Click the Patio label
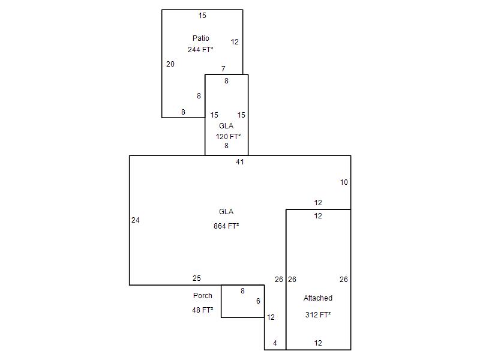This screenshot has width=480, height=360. tap(201, 38)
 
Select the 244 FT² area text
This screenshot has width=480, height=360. tap(200, 50)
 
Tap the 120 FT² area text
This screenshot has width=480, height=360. tap(228, 137)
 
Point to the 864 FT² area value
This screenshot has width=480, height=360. tap(226, 226)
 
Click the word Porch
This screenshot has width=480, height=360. tap(203, 296)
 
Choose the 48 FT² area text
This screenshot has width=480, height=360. tap(203, 310)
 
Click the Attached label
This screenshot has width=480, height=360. tap(318, 298)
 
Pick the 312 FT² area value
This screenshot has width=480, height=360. tap(318, 314)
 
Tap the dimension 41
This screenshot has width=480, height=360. tap(240, 161)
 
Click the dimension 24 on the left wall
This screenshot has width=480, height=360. tap(136, 220)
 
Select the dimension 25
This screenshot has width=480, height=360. tap(197, 278)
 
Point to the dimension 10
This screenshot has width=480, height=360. tap(344, 182)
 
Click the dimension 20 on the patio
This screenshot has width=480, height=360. tap(170, 64)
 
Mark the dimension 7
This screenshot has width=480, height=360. tap(223, 69)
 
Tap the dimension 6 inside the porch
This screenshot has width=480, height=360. tap(258, 301)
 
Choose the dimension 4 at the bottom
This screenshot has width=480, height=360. tap(275, 343)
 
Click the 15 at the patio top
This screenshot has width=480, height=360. tap(202, 16)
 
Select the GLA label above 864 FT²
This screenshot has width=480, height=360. tap(226, 212)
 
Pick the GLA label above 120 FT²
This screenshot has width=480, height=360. tap(226, 126)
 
